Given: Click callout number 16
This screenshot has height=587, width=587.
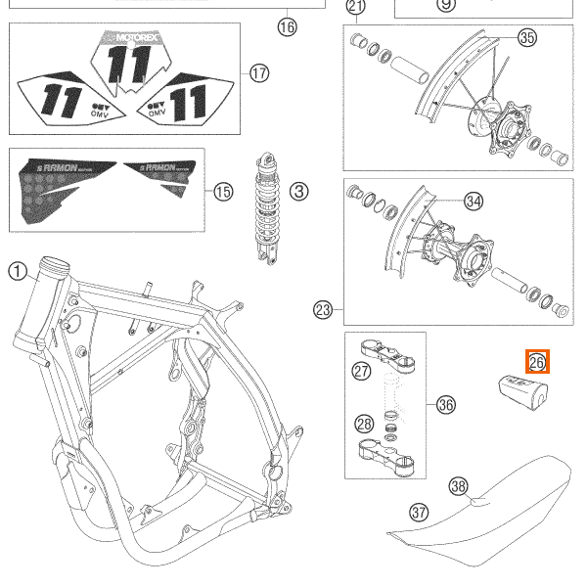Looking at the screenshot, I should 286,26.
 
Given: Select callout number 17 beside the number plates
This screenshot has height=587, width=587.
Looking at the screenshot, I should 258,72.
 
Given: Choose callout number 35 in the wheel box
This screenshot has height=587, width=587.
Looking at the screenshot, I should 527,39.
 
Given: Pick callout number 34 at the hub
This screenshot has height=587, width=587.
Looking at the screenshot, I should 474,202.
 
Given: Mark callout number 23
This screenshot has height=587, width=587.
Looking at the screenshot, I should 323,310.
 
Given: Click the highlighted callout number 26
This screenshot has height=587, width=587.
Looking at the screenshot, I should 537,362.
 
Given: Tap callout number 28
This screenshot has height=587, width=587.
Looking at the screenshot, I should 363,425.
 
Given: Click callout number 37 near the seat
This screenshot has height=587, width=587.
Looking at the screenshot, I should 419,512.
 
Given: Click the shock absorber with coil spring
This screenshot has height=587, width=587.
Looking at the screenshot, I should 265,210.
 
